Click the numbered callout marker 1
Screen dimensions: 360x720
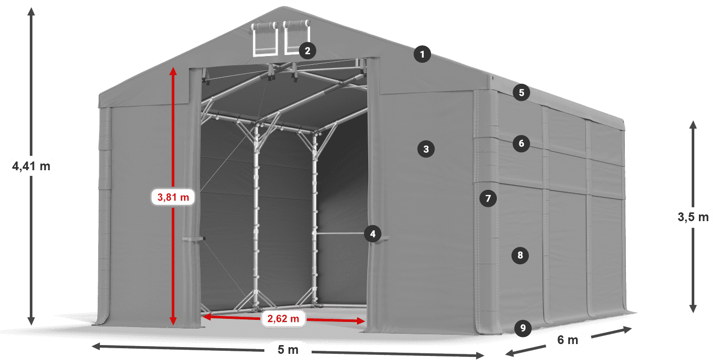(422, 54)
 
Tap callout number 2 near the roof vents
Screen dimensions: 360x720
(307, 50)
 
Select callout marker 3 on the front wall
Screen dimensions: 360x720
(426, 149)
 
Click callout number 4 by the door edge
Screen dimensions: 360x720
(372, 235)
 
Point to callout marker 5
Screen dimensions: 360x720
(521, 93)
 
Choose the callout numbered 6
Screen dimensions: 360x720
(521, 143)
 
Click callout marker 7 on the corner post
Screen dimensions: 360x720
(489, 198)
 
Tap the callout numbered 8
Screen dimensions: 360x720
(520, 255)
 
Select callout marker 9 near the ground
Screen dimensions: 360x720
(523, 328)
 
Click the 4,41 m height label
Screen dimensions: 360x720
(31, 166)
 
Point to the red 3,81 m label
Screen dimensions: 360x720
(173, 196)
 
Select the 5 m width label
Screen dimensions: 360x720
(288, 350)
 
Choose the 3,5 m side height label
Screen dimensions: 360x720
(693, 218)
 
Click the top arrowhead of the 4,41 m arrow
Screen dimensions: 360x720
(31, 11)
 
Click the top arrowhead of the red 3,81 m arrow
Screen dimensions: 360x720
(173, 71)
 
